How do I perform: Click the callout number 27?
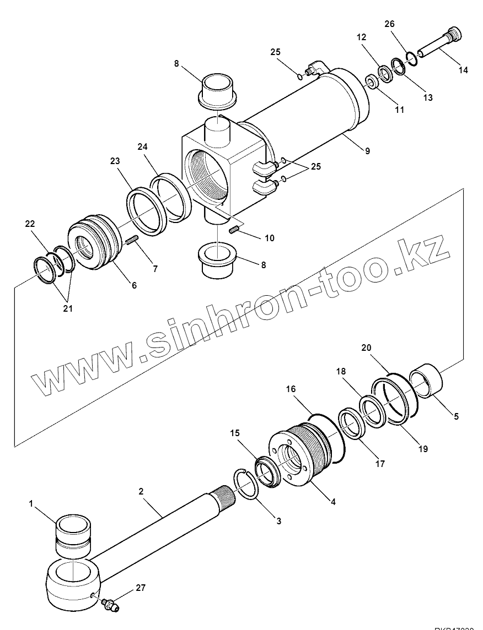(x=141, y=588)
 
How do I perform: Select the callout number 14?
(x=463, y=70)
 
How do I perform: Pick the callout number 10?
(x=269, y=238)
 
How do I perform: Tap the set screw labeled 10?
(x=235, y=229)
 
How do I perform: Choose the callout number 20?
(x=367, y=347)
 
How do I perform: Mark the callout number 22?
(x=29, y=224)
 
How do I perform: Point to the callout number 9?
(x=367, y=150)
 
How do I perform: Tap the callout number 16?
(x=291, y=389)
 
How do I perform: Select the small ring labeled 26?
(x=410, y=56)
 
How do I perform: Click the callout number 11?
(x=400, y=110)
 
